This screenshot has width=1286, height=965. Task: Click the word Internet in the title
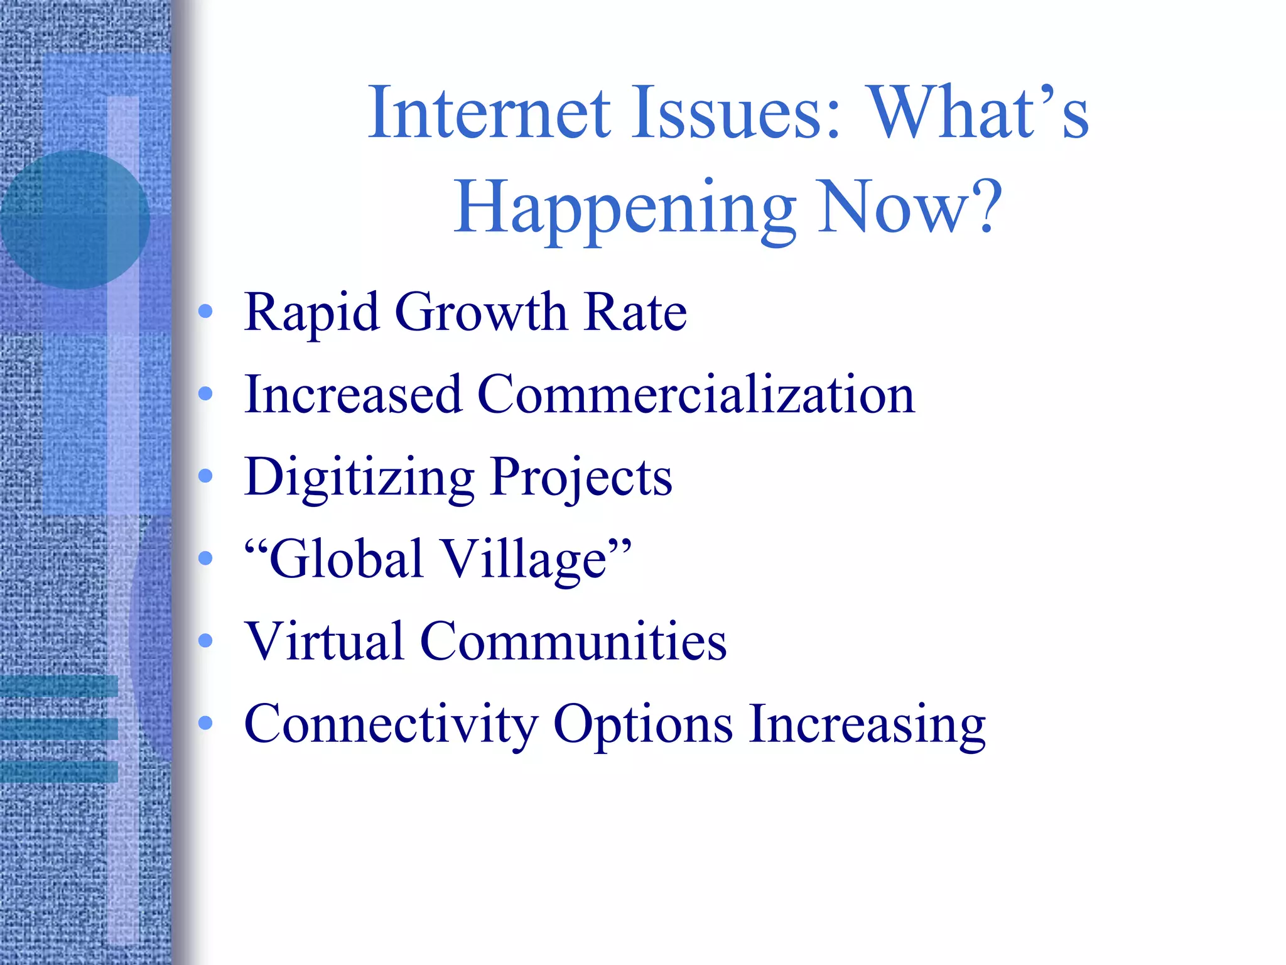point(489,113)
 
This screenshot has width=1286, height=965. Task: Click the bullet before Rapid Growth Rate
point(205,311)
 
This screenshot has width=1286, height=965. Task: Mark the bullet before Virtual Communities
point(205,640)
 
